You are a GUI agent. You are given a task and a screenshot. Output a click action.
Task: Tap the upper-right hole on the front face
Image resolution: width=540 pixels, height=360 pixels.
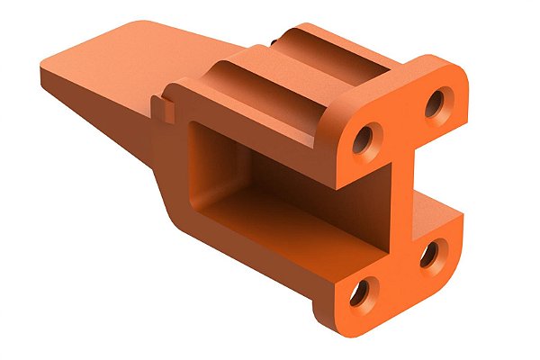click(436, 103)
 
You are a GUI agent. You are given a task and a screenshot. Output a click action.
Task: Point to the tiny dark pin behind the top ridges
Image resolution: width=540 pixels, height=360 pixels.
click(272, 41)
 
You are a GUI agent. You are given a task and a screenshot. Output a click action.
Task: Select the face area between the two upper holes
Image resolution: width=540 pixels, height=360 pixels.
click(401, 121)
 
